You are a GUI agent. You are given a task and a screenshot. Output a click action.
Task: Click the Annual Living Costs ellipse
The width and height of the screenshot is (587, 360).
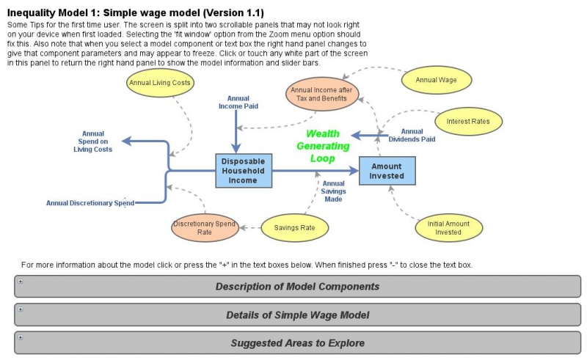(160, 83)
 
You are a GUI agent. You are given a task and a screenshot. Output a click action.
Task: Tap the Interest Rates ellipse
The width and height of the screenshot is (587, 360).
(468, 120)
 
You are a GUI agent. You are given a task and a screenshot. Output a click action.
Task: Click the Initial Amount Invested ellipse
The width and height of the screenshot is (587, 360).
(448, 227)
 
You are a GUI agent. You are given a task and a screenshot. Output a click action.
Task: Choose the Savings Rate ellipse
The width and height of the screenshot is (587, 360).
(294, 228)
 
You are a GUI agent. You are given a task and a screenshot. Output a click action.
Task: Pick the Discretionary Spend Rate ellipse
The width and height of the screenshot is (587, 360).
(204, 227)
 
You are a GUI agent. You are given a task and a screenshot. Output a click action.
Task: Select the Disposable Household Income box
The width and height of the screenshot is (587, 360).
(244, 171)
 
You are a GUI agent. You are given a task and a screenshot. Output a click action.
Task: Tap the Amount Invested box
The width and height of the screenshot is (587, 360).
(387, 171)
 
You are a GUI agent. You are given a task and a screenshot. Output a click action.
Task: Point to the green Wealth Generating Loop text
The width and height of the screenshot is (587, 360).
(322, 146)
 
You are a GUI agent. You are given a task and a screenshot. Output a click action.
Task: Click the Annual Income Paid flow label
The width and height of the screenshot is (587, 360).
(238, 102)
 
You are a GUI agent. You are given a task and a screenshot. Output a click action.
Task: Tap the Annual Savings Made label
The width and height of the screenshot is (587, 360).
(333, 191)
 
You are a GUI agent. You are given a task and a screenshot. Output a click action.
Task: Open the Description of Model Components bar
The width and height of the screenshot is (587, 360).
(297, 286)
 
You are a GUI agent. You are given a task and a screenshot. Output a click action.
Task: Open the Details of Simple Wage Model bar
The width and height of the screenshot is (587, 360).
(297, 315)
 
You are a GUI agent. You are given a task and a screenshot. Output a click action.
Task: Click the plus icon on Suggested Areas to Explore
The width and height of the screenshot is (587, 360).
(21, 337)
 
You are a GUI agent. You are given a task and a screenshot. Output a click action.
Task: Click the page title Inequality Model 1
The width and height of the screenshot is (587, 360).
(135, 13)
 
